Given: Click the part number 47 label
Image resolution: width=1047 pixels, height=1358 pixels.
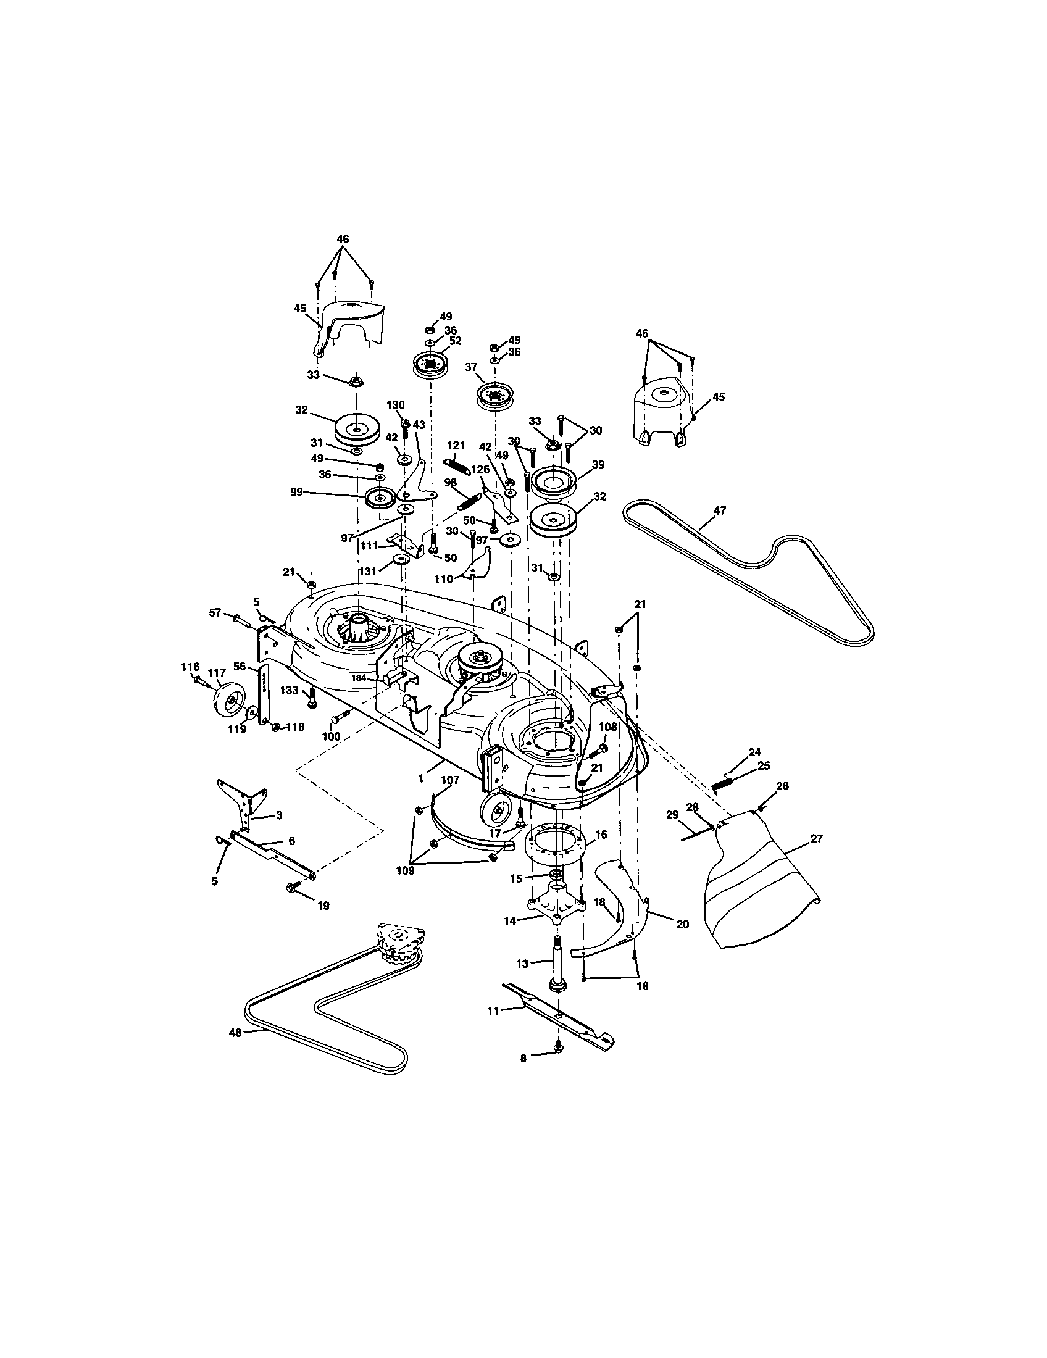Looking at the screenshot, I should coord(719,510).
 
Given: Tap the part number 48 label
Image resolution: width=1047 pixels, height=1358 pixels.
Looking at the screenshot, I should coord(235,1032).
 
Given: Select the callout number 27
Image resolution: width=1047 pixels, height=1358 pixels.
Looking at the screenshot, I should coord(816,839).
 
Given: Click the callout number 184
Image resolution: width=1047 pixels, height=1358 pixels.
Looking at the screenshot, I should coord(359,678).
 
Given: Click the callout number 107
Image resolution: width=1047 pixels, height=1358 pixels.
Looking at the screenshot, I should coord(450,780).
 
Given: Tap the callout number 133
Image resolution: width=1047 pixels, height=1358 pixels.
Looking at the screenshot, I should coord(289,690).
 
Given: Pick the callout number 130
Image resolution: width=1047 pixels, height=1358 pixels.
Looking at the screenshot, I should coord(396,405).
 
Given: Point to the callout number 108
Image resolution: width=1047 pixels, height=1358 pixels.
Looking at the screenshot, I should coord(607,727).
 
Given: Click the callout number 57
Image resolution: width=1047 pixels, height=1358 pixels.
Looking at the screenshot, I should coord(215,613).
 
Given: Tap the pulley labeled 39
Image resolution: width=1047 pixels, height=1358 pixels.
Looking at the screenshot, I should coord(553,482).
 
